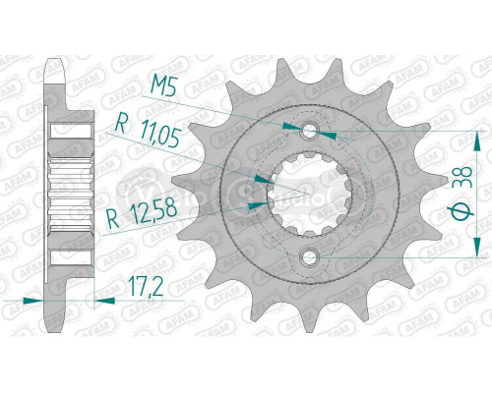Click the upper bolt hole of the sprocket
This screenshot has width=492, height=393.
[x=312, y=130]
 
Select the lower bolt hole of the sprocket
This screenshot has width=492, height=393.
[x=312, y=258]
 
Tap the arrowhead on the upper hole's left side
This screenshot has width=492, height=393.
[x=292, y=127]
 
